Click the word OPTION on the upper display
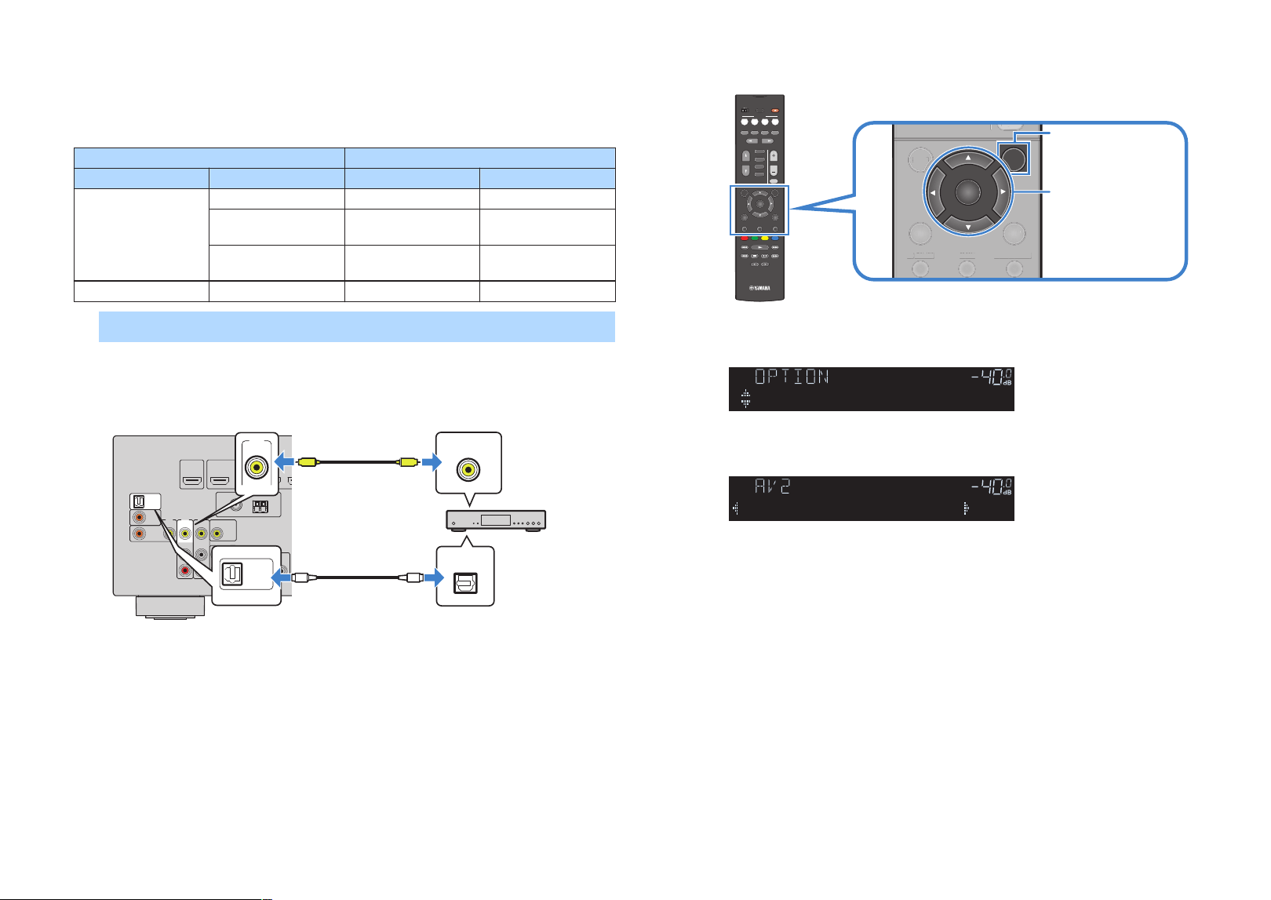click(792, 376)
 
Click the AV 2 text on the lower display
click(772, 486)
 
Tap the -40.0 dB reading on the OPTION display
click(991, 377)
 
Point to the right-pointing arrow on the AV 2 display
click(966, 508)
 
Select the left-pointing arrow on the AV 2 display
click(736, 508)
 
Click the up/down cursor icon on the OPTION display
click(745, 399)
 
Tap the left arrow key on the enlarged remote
click(932, 193)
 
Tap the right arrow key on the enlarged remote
click(1003, 191)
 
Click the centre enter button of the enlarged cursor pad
click(967, 191)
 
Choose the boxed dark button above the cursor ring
click(1014, 159)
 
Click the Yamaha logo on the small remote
click(759, 288)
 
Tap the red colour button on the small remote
click(745, 239)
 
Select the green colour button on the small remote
click(755, 239)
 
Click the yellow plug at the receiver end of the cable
click(307, 462)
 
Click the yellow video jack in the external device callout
click(468, 469)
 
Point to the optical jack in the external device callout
click(465, 583)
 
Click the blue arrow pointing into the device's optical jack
click(434, 578)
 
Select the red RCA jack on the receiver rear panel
click(185, 570)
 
